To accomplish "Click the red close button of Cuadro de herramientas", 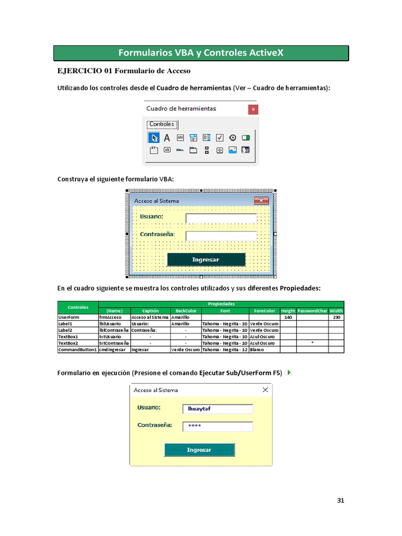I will (x=253, y=109).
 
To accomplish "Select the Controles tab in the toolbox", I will (x=162, y=125).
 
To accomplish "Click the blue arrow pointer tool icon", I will (x=154, y=138).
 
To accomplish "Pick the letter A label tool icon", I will (x=167, y=138).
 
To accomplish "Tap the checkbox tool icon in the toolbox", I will (x=220, y=138).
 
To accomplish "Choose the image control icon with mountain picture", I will (x=232, y=150).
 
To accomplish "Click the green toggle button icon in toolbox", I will (x=246, y=138).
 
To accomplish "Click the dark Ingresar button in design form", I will (x=206, y=260).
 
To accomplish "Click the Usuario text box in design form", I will (x=221, y=218).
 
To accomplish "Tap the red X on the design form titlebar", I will (x=261, y=200).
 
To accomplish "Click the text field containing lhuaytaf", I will (x=217, y=409).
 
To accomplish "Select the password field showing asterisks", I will (x=217, y=427).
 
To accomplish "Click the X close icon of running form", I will (x=265, y=390).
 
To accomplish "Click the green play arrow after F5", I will (x=289, y=373).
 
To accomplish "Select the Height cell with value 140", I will (x=288, y=317).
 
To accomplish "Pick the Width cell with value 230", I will (x=336, y=317).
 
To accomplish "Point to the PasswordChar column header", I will (x=312, y=310).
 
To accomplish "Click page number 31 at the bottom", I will (x=341, y=500).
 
